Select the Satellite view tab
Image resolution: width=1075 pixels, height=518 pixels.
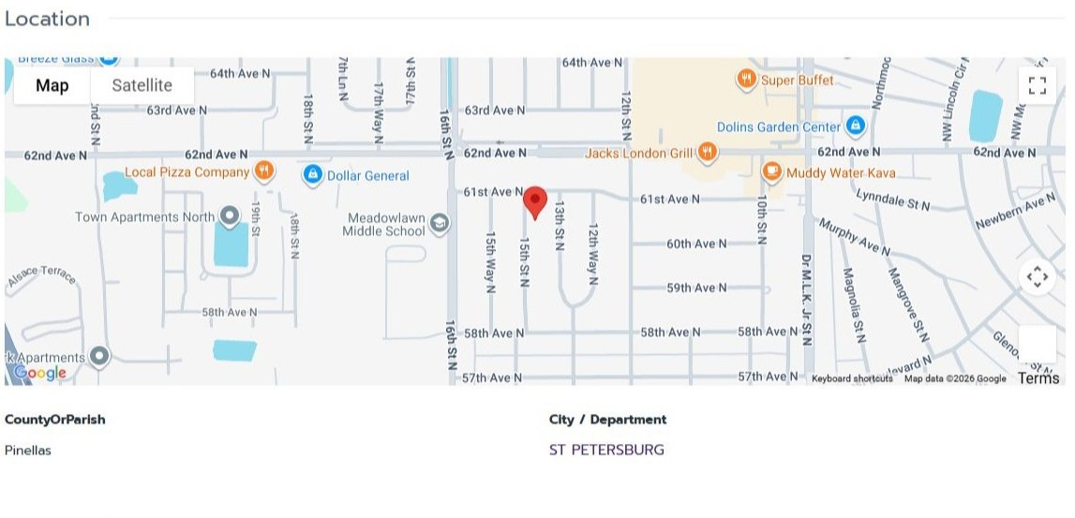coord(142,85)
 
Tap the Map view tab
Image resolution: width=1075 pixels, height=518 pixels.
coord(52,85)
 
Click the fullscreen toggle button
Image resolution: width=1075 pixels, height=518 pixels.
coord(1037,86)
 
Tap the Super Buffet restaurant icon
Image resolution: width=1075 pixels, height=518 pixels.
coord(746,80)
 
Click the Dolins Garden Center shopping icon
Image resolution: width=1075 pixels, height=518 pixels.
coord(854,126)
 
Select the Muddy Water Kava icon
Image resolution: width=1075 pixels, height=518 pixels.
coord(771,171)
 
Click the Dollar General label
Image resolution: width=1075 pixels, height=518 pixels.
coord(367,175)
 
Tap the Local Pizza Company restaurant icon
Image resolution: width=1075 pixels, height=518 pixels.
coord(264,171)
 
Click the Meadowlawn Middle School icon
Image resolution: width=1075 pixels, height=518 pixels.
coord(439,224)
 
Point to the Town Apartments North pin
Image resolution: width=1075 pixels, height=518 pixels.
coord(229,216)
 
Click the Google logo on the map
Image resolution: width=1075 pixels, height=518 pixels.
coord(39,373)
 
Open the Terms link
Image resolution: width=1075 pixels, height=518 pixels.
coord(1038,378)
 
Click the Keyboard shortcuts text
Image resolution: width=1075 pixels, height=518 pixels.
coord(851,378)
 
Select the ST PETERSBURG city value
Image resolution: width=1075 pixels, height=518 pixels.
coord(606,450)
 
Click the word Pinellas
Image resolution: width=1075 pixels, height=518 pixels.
coord(28,450)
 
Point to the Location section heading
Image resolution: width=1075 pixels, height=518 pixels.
coord(47,19)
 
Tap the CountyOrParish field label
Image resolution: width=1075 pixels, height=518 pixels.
coord(55,419)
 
